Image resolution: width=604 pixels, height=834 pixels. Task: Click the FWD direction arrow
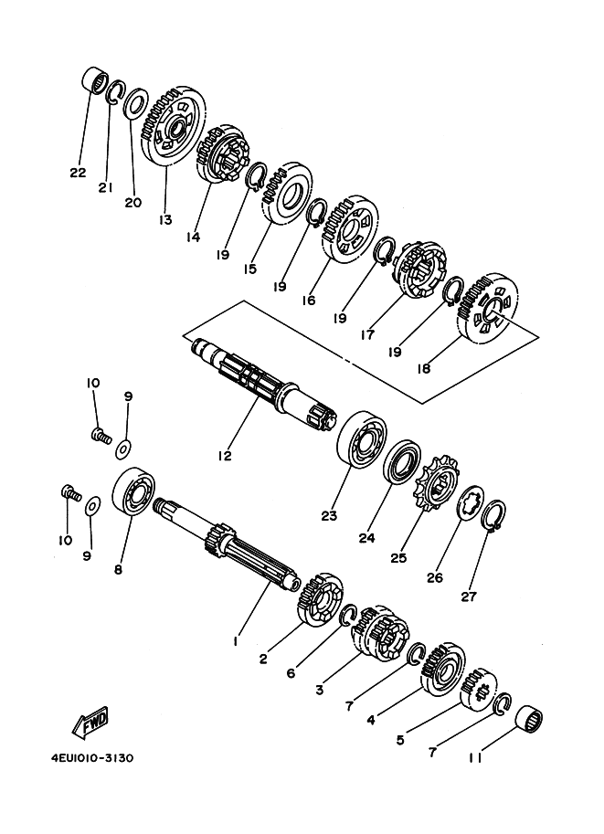pos(90,723)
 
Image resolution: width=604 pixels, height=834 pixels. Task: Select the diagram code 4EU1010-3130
pos(92,758)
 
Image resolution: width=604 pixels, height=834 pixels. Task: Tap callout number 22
pos(78,173)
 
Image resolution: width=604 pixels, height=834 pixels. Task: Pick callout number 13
pos(165,219)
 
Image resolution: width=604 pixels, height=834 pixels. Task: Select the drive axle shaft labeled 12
pos(264,384)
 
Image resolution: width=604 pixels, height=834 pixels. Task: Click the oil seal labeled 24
pos(402,461)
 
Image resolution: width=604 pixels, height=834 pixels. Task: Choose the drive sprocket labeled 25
pos(436,483)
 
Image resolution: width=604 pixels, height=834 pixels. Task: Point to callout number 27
pos(468,596)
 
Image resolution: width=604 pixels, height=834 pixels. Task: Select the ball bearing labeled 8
pos(133,491)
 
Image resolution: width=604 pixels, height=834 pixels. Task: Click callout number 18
pos(424,368)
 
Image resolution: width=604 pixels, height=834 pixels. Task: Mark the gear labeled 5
pos(479,688)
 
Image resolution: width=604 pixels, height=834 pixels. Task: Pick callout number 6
pos(291,673)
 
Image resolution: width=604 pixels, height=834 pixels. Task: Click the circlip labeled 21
pos(115,91)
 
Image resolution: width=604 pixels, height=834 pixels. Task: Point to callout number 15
pos(249,269)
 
